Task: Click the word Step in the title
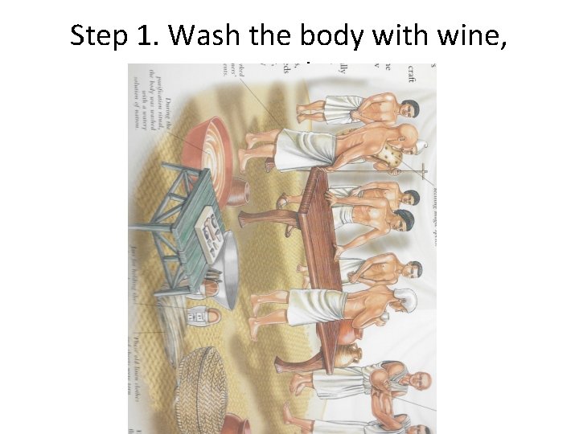98,35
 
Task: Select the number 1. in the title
145,35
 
